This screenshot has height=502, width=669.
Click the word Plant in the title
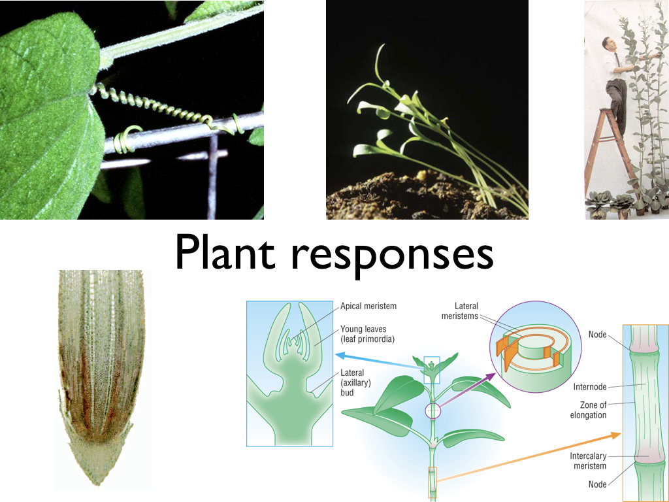[225, 252]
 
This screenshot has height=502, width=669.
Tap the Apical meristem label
[368, 306]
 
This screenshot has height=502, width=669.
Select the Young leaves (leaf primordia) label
[367, 334]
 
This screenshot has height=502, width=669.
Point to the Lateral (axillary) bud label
[355, 382]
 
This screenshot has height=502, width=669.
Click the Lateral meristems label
[460, 311]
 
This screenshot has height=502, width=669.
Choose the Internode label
[590, 387]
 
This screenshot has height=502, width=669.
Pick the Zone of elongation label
[589, 410]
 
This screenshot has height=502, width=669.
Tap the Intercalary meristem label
[589, 461]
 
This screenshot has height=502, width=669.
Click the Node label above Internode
[597, 335]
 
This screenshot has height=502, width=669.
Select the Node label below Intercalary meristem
[597, 484]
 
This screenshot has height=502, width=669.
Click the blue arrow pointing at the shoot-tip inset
[380, 361]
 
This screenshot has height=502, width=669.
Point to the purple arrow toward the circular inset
[466, 390]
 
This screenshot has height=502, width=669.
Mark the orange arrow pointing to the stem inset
[529, 457]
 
